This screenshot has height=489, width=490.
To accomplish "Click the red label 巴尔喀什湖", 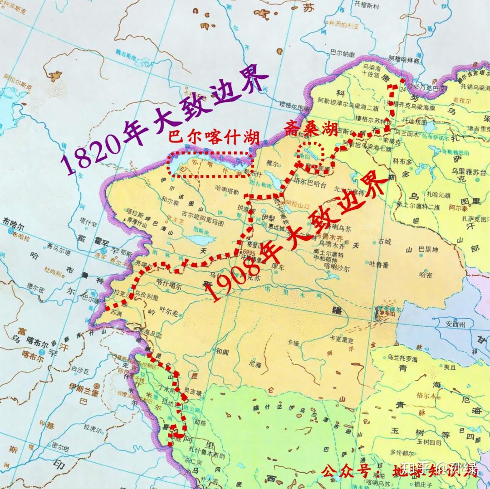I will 213,136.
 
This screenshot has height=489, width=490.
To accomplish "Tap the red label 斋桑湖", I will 311,129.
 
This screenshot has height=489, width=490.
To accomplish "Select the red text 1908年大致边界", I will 297,238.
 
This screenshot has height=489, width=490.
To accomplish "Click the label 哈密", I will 426,274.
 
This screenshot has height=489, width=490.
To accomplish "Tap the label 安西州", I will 456,324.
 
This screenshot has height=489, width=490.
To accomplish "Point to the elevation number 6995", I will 250,252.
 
